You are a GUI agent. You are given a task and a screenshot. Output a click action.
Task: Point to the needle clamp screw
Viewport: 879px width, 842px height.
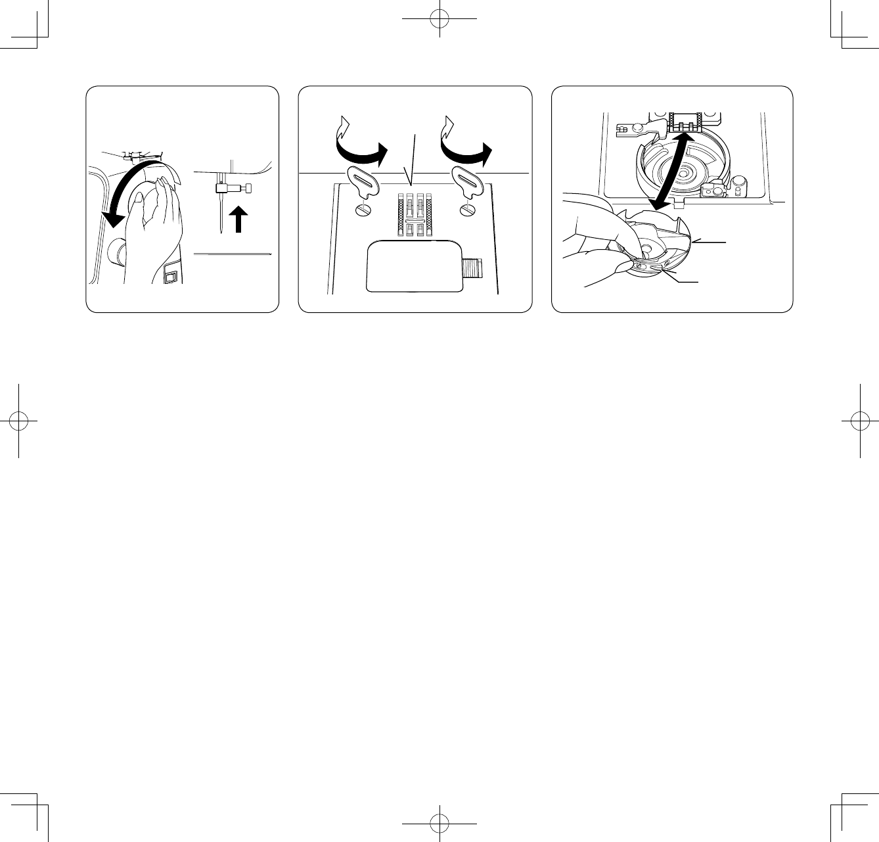(248, 189)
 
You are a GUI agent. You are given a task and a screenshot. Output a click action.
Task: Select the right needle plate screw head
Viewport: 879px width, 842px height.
(467, 210)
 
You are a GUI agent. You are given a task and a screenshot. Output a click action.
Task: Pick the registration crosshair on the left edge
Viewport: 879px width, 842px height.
(19, 421)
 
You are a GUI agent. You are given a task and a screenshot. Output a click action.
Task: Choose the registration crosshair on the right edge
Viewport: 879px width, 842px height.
(860, 421)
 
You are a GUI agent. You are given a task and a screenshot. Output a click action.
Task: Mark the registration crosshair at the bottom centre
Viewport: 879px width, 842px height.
(439, 823)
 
